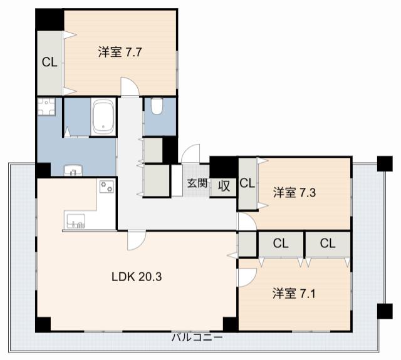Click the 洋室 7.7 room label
pos(120,53)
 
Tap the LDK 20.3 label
pos(137,277)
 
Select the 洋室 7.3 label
pos(294,193)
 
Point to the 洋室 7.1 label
pos(294,293)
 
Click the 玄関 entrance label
pos(197,183)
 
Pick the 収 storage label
pos(224,186)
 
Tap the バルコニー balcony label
pos(197,337)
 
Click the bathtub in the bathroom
pos(103,116)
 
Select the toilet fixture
pos(157,106)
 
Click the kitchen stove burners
pos(107,186)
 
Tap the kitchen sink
pos(76,221)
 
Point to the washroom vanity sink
pos(73,170)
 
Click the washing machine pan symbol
pos(46,106)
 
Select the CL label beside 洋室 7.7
pos(49,62)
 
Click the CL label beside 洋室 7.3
pos(247,183)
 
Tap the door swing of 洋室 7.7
pos(130,86)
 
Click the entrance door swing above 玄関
pos(190,153)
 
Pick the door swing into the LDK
pos(137,240)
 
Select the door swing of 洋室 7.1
pos(247,277)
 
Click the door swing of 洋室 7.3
pos(247,222)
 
